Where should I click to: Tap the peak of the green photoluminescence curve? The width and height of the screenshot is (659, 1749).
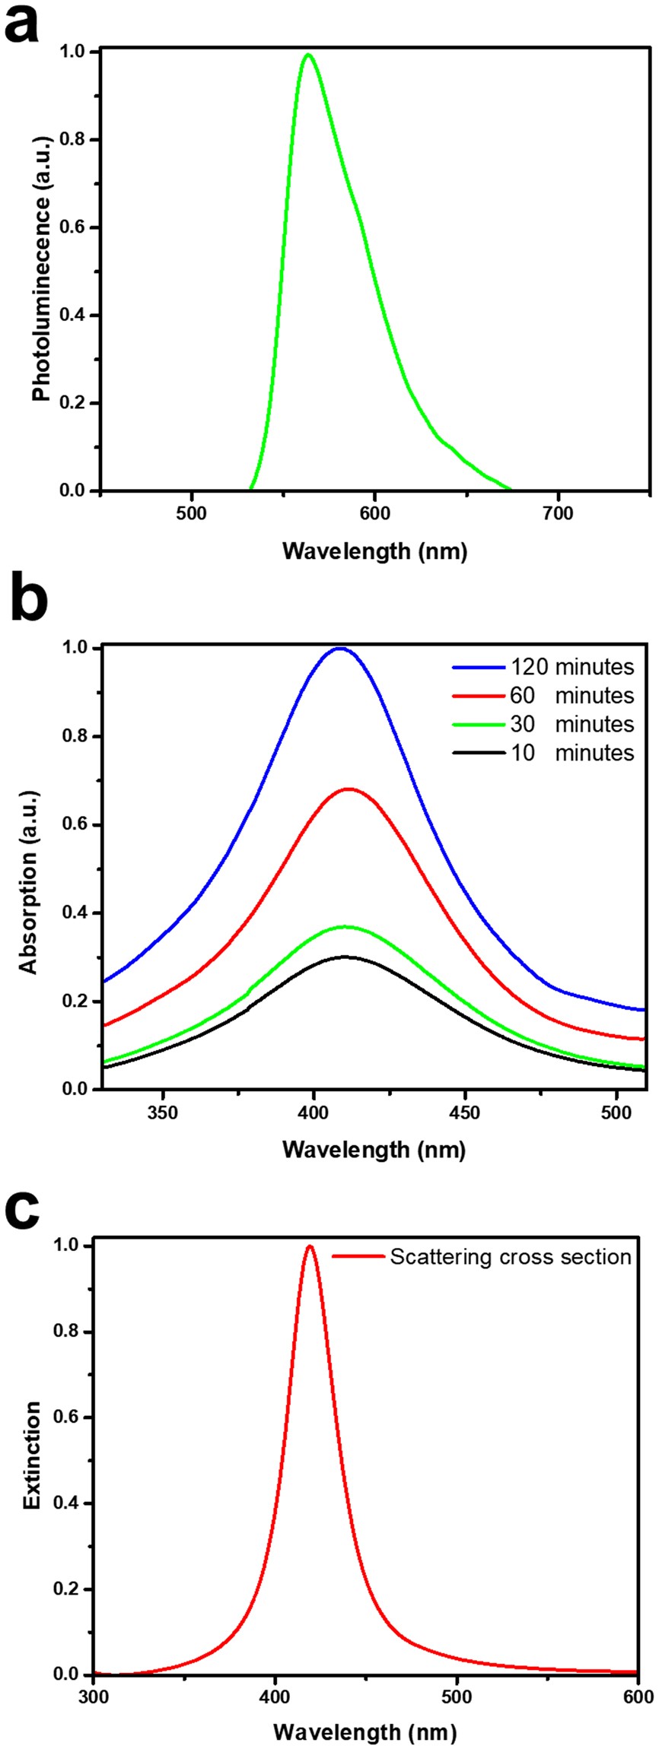(x=307, y=55)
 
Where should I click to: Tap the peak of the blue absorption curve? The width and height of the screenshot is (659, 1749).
(x=340, y=649)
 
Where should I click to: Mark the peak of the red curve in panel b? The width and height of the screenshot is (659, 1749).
(x=349, y=789)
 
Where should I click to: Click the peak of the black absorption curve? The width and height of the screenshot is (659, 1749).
(x=344, y=957)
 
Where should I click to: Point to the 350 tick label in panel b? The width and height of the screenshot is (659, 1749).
(x=162, y=1113)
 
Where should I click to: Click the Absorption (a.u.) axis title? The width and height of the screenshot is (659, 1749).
(x=29, y=870)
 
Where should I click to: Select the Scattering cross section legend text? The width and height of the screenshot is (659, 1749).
(x=511, y=1257)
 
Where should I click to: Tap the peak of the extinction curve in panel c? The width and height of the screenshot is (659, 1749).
(x=310, y=1246)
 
